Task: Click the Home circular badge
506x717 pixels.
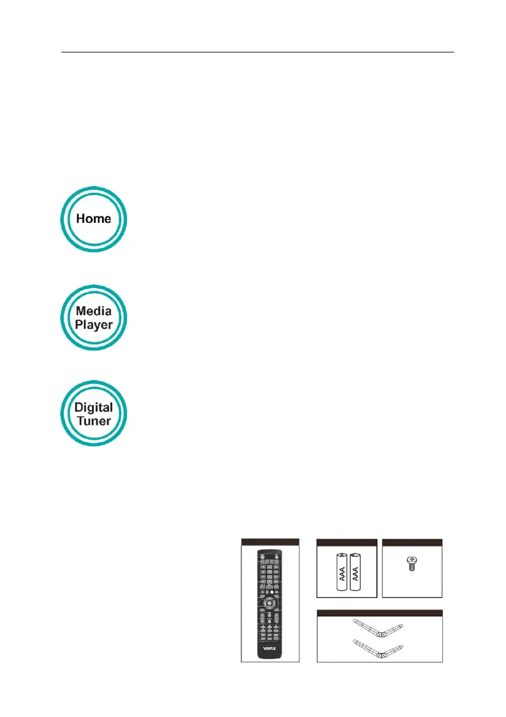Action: (x=94, y=219)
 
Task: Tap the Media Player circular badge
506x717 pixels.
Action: (x=94, y=317)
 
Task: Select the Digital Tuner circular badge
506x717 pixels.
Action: (x=94, y=413)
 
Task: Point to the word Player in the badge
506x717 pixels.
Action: (x=94, y=324)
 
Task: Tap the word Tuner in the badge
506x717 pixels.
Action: (x=94, y=421)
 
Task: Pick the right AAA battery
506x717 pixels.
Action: (x=358, y=572)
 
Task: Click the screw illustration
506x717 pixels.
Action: (x=413, y=564)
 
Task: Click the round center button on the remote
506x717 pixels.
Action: (x=270, y=601)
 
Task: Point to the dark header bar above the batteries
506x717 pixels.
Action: (x=347, y=542)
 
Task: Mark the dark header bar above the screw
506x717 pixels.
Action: (x=413, y=542)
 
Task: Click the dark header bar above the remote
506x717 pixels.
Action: (x=270, y=542)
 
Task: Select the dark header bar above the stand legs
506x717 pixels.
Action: (x=379, y=613)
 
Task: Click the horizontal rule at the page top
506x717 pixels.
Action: (x=258, y=52)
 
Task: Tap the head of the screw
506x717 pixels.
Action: (x=413, y=560)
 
